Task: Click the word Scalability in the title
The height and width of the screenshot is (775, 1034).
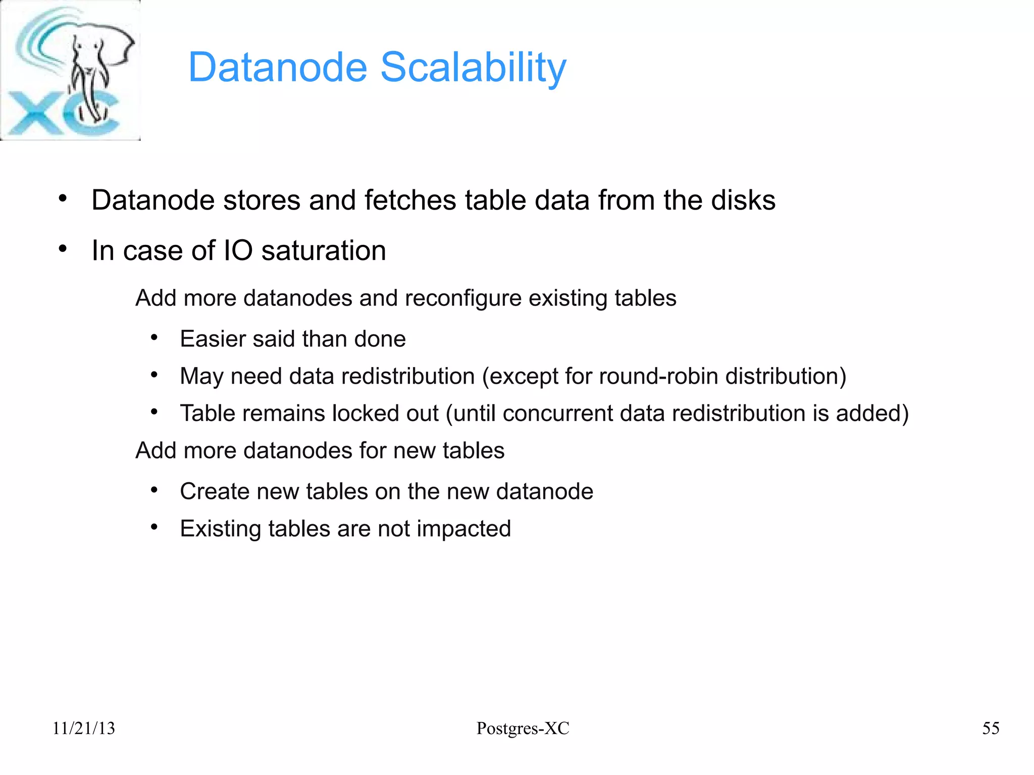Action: [473, 67]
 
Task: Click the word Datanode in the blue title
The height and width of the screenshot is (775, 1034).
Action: [278, 67]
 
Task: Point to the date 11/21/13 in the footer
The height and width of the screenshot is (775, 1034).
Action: [84, 728]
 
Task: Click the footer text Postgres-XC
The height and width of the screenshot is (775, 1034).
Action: [523, 728]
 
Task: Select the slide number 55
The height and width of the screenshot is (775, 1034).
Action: [991, 728]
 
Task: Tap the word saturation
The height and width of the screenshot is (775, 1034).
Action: [324, 250]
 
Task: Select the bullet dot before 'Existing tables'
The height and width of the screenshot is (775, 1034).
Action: [154, 528]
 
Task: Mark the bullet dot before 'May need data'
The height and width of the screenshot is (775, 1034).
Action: [154, 375]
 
